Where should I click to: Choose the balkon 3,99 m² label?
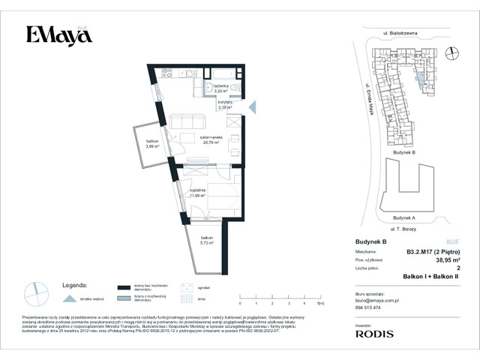click(152, 144)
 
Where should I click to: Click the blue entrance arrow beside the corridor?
click(252, 108)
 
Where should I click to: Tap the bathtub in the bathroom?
click(223, 75)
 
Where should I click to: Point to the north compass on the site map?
click(452, 52)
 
